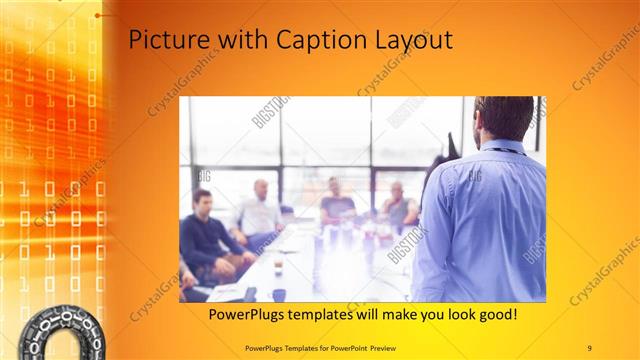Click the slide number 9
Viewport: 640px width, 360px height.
[x=589, y=347]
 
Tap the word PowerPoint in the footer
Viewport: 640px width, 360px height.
[x=378, y=347]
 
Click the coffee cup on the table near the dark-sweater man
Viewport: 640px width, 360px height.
[x=277, y=268]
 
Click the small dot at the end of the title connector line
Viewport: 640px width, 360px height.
[x=98, y=16]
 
